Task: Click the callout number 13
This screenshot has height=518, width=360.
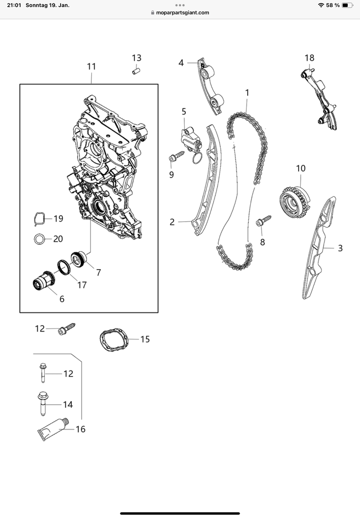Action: [x=137, y=58]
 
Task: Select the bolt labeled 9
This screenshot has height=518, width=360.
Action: [x=176, y=156]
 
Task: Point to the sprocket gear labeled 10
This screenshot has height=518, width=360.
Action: [x=295, y=202]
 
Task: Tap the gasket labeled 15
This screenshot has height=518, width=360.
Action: [x=114, y=339]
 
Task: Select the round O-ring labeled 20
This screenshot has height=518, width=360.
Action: [x=40, y=239]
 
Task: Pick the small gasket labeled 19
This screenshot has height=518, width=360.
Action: [x=40, y=219]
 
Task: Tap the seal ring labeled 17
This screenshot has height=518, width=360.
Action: [x=64, y=267]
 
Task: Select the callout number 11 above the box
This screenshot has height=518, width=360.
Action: [x=91, y=66]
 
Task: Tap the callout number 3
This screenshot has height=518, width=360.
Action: [x=340, y=248]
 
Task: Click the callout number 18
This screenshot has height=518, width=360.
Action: [x=310, y=58]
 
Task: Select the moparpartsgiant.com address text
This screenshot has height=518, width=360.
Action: [x=183, y=13]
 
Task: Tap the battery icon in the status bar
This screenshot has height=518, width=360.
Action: [x=347, y=5]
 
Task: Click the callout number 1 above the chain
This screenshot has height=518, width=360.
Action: [x=247, y=93]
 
